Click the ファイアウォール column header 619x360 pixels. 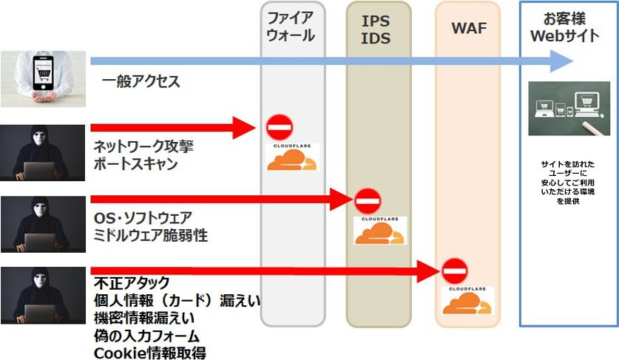[293, 26]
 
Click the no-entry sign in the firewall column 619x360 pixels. [280, 128]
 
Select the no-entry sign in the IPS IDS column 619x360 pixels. [367, 200]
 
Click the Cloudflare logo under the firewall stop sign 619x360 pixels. [293, 158]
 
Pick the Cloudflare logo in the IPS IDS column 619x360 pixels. [379, 230]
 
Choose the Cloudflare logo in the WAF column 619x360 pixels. [467, 299]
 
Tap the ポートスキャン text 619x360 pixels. [135, 164]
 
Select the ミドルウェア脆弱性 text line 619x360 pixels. [151, 235]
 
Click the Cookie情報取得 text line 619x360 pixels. [150, 352]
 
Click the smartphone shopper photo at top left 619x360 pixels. [42, 79]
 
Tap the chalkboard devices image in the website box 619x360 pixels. [569, 108]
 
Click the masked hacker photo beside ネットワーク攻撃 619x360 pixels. [42, 152]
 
